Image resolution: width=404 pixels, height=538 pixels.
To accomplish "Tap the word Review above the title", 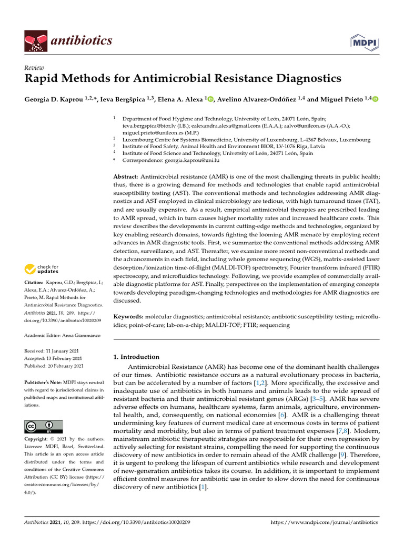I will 34,68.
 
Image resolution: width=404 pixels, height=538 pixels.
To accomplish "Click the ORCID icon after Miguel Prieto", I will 376,99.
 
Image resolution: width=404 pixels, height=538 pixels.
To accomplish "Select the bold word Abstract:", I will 126,178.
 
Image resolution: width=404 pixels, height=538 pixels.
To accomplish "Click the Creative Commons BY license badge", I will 43,427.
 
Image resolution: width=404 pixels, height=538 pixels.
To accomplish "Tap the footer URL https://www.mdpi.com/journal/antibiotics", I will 324,523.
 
